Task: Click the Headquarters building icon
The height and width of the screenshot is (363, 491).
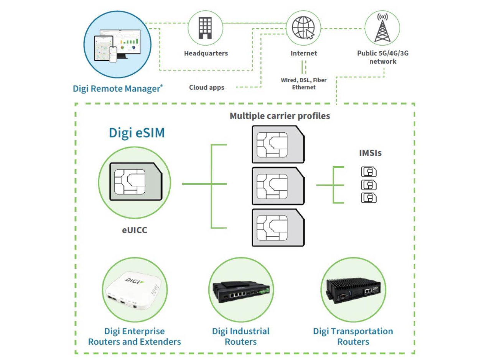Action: (x=206, y=27)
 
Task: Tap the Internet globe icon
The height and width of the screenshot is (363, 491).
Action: (x=303, y=27)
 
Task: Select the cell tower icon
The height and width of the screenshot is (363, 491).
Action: (x=382, y=27)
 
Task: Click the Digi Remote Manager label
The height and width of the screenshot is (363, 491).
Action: (x=117, y=88)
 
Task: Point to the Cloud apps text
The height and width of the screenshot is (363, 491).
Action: (x=206, y=87)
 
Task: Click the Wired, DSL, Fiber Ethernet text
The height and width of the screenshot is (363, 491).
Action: (x=303, y=84)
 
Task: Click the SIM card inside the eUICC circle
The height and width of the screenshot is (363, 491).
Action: (x=135, y=182)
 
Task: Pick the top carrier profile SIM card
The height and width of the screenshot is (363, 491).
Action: (x=278, y=145)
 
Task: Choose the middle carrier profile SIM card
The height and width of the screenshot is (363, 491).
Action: (x=278, y=186)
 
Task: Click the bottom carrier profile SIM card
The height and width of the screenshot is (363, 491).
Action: (x=278, y=227)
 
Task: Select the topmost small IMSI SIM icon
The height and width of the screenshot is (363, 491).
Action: (x=369, y=172)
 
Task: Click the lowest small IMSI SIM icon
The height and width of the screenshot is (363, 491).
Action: (x=369, y=198)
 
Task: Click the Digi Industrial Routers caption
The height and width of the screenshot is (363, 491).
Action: (x=241, y=336)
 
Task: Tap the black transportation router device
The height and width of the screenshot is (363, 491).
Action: (x=353, y=289)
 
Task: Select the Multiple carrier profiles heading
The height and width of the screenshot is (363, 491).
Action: (x=280, y=116)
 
